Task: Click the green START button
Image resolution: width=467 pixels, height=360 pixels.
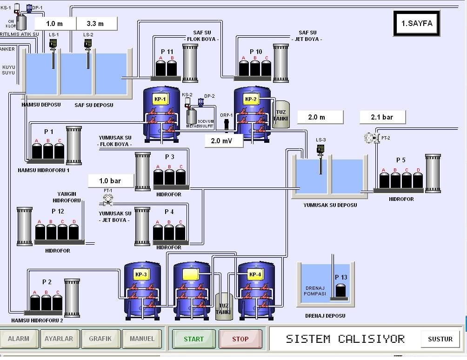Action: click(x=193, y=339)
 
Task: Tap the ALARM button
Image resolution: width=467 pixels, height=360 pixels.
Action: click(x=19, y=339)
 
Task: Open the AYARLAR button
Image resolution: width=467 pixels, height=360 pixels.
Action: click(x=59, y=339)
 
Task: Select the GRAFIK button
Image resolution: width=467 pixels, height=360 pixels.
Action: click(x=100, y=339)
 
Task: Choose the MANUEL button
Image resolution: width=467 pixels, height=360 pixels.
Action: click(x=142, y=339)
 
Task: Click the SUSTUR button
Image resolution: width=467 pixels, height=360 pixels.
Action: click(x=440, y=339)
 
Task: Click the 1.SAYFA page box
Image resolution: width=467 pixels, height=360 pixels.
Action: click(x=416, y=24)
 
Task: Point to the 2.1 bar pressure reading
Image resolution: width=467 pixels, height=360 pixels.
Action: click(x=382, y=117)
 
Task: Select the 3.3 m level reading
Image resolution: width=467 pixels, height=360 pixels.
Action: click(x=95, y=24)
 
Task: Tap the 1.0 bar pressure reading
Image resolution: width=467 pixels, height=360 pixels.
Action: click(x=110, y=180)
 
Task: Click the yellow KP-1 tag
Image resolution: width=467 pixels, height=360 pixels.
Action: click(x=160, y=100)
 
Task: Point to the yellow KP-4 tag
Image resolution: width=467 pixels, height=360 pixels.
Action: click(x=255, y=274)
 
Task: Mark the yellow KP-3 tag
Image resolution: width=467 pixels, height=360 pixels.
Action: click(x=141, y=274)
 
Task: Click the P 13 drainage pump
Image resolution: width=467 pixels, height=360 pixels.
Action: click(x=341, y=290)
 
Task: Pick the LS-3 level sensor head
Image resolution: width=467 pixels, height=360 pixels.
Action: click(x=320, y=149)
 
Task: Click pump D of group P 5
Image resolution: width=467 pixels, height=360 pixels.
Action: click(x=418, y=180)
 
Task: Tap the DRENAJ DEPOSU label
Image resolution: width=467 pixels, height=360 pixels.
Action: click(x=325, y=316)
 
